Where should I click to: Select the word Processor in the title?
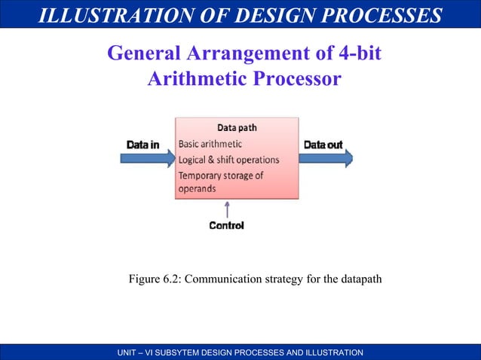(300, 78)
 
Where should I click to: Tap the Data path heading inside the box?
(237, 127)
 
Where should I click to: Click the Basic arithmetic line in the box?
(210, 143)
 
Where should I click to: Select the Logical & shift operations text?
(228, 160)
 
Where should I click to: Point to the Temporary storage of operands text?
(220, 182)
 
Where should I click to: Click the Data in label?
(142, 144)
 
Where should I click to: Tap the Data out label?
(323, 144)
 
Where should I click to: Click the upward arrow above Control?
(226, 209)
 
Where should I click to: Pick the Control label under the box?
(226, 225)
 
